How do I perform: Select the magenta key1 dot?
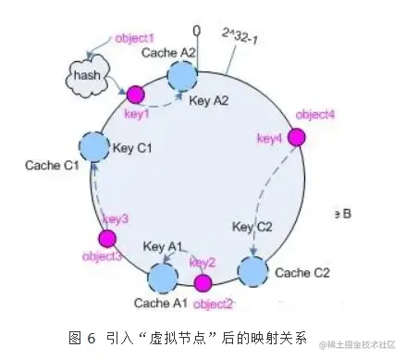coord(135,93)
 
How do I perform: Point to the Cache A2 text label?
coord(167,53)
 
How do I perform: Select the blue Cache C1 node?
coord(93,145)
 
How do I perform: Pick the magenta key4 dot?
coord(296,137)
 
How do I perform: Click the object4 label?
coord(314,115)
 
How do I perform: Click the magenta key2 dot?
coord(203,282)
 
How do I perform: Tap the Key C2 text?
coord(253,226)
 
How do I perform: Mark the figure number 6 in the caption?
coord(92,336)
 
